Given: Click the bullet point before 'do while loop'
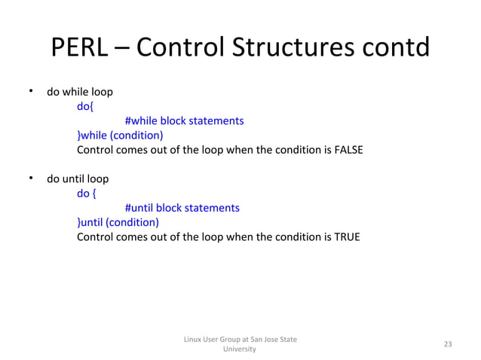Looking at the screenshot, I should (31, 92).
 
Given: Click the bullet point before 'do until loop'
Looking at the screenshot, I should (31, 178).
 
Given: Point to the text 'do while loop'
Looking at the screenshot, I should (80, 93).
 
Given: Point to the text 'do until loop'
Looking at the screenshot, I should (78, 179).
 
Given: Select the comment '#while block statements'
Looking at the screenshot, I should (184, 121).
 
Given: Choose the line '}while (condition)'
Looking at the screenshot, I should (120, 136).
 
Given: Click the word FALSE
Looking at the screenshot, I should (348, 150).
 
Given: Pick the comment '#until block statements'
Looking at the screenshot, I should (182, 208).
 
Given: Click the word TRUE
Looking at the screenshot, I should (346, 236).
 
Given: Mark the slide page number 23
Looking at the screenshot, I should (448, 344).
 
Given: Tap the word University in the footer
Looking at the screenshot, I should (240, 349).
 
